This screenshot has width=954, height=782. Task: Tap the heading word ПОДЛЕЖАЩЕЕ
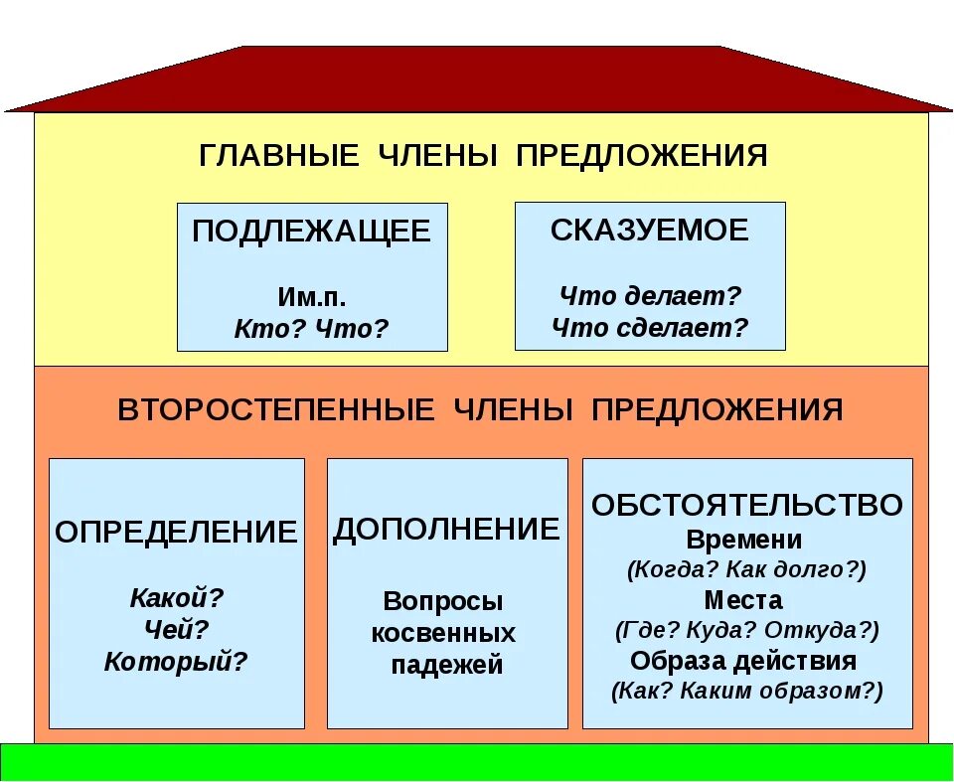312,232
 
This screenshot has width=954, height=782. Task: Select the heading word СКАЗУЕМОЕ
650,231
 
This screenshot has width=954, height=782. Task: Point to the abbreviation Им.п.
312,298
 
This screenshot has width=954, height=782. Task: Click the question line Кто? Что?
312,328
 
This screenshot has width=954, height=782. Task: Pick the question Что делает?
650,296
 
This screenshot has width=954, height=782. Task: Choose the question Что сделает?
650,328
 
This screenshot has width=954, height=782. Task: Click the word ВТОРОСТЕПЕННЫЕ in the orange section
276,411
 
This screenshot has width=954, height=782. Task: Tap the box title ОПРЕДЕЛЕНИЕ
177,532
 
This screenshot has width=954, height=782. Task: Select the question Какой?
177,598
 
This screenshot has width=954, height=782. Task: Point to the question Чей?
177,630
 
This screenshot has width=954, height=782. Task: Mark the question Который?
177,662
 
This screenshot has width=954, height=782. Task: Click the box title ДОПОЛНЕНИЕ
447,530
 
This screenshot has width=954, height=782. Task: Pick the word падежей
447,666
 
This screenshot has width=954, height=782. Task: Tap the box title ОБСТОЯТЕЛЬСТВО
747,505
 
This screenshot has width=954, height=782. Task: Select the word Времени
744,540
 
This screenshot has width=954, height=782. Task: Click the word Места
743,600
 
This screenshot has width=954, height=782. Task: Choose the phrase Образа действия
743,661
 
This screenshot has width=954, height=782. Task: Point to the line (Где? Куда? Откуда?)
747,630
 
